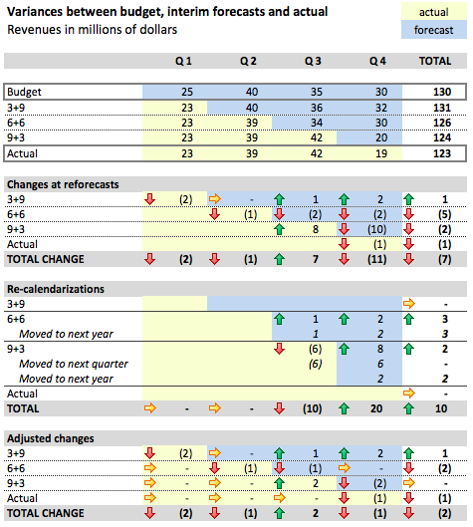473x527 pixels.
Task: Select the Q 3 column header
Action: coord(313,62)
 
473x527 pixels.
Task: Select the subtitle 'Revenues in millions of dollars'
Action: coord(93,30)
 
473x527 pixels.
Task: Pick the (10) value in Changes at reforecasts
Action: coord(376,229)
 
